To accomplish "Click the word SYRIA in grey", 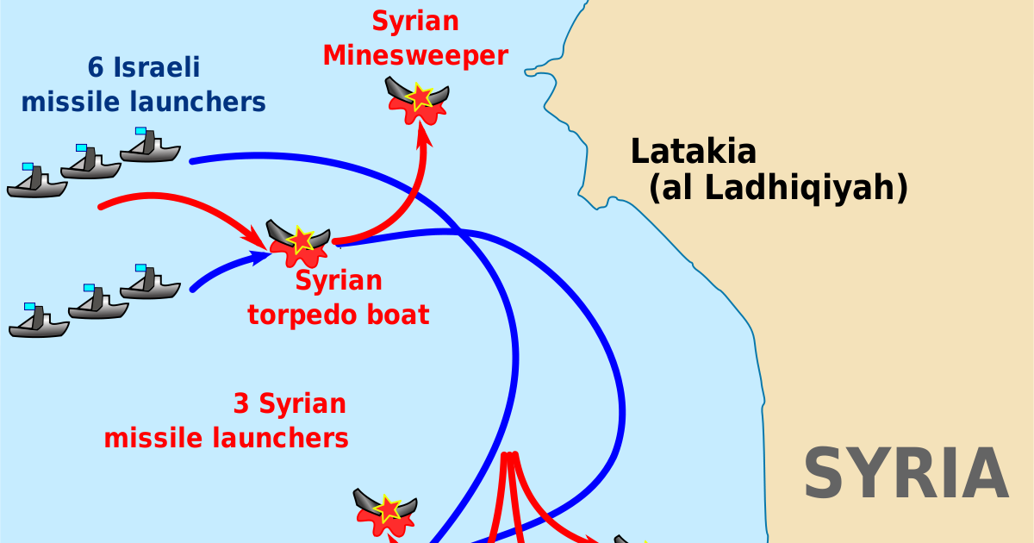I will (906, 474).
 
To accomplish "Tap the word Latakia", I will (694, 152).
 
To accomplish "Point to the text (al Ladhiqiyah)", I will (779, 188).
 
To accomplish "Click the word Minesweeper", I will (415, 57).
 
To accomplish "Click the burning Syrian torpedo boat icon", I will (298, 241).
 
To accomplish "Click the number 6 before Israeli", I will (96, 67).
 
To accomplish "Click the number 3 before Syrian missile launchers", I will (241, 403).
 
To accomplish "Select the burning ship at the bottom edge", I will (386, 510).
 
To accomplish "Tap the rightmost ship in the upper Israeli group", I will (150, 147).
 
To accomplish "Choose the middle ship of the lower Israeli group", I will (97, 304).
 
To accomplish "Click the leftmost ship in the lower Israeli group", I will (39, 321).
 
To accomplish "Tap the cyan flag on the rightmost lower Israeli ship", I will (140, 268).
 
